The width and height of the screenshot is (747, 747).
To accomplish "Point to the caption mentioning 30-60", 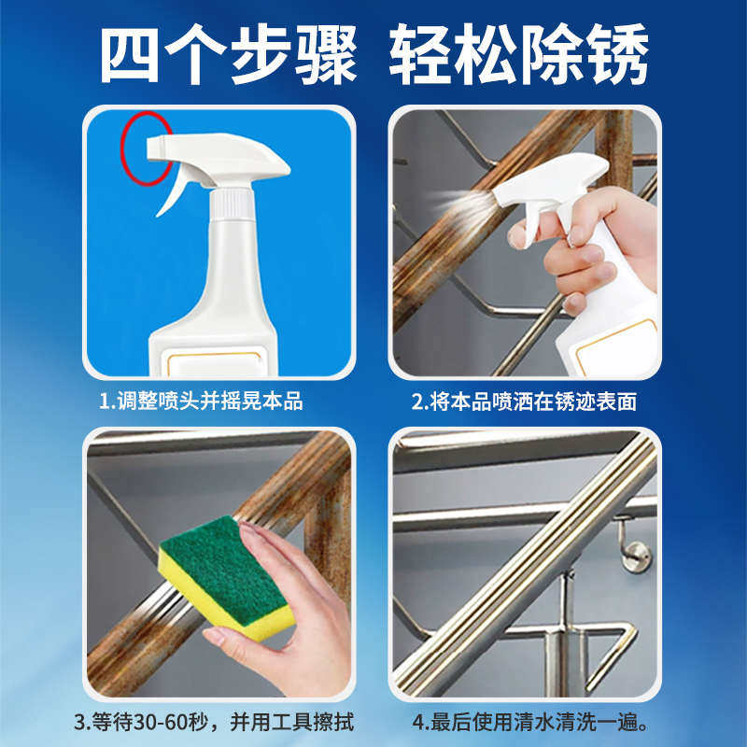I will coord(214,723).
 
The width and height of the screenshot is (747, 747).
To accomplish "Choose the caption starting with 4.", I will coord(531,723).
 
